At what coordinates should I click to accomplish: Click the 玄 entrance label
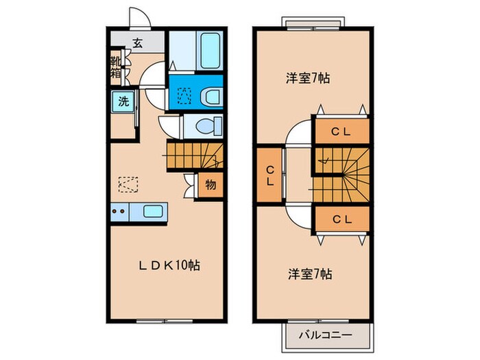137,43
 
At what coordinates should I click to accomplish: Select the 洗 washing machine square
123,103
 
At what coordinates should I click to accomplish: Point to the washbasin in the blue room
211,95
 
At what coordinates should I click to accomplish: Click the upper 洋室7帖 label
308,78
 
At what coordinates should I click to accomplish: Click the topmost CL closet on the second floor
341,132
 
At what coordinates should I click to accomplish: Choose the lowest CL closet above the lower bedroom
341,219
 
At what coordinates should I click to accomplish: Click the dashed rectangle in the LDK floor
128,183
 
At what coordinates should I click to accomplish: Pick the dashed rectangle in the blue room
183,96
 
